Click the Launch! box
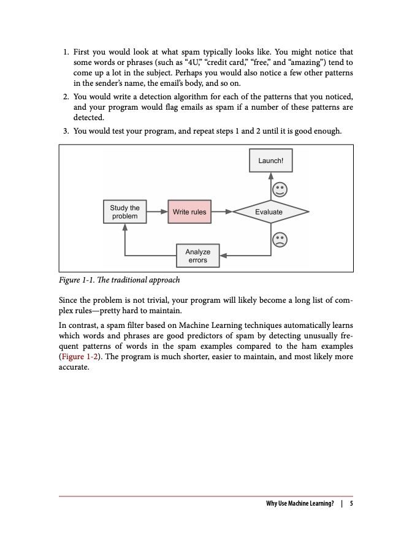pyautogui.click(x=271, y=161)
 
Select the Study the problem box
pyautogui.click(x=124, y=212)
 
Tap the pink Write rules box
pyautogui.click(x=189, y=212)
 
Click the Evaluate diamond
pyautogui.click(x=269, y=212)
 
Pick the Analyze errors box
pyautogui.click(x=197, y=256)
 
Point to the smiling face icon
pyautogui.click(x=280, y=188)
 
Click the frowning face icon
pyautogui.click(x=280, y=239)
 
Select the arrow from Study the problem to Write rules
pyautogui.click(x=157, y=212)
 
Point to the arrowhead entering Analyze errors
pyautogui.click(x=223, y=256)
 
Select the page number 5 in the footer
pyautogui.click(x=351, y=504)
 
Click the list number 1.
pyautogui.click(x=66, y=53)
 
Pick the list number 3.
pyautogui.click(x=66, y=131)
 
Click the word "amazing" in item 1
pyautogui.click(x=299, y=63)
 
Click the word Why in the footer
pyautogui.click(x=272, y=504)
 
